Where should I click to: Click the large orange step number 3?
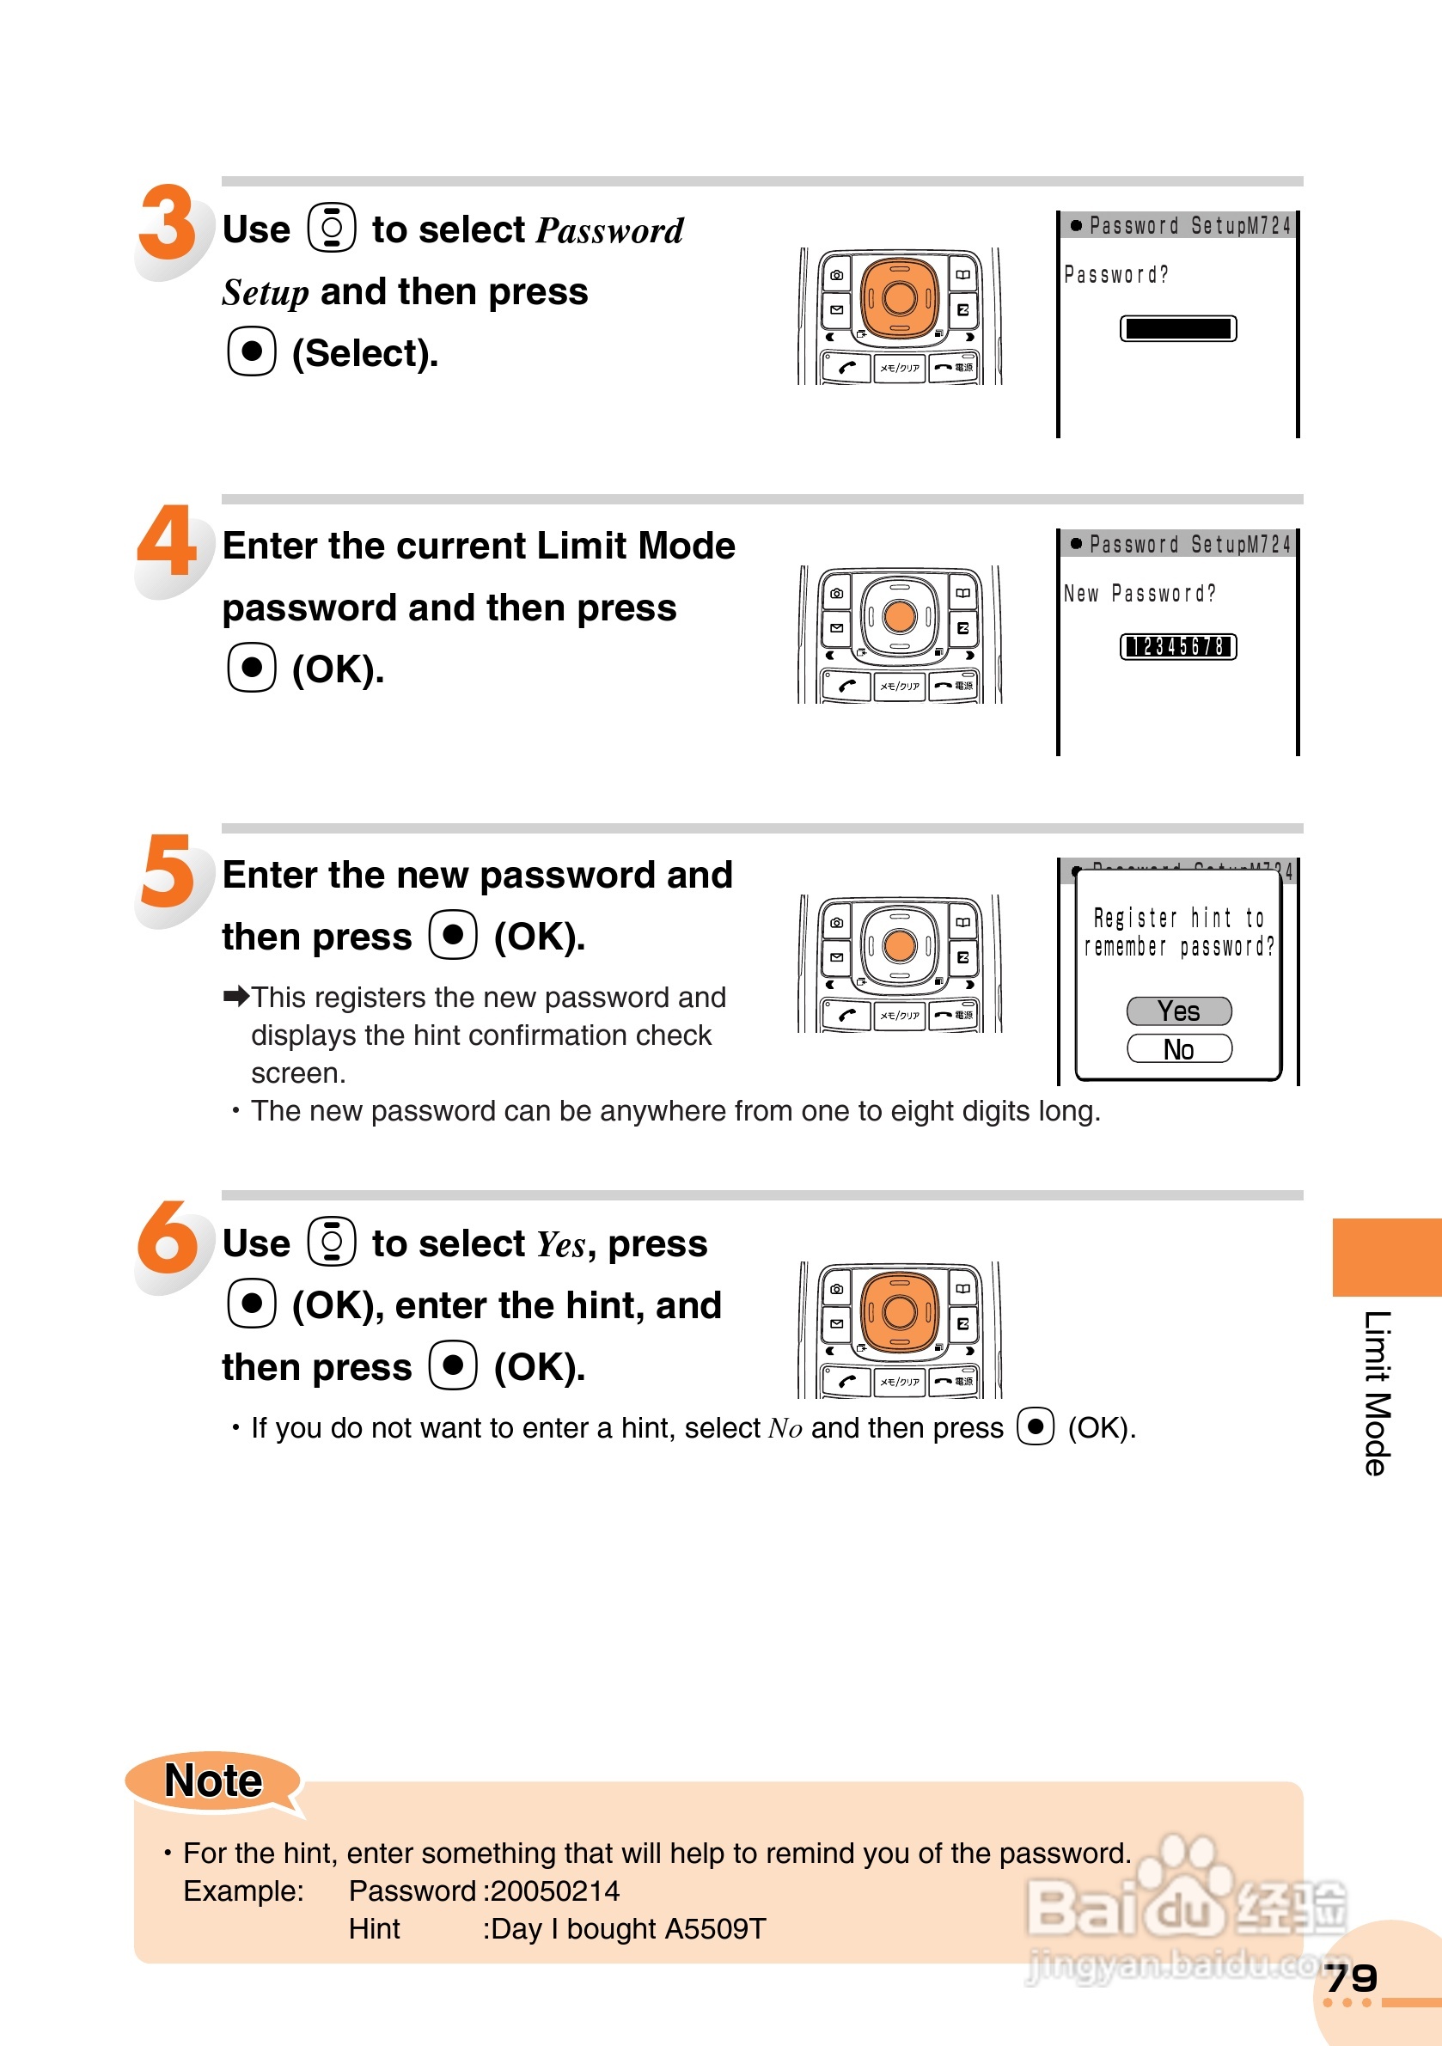[167, 223]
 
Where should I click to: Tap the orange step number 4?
[168, 540]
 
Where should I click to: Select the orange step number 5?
[168, 870]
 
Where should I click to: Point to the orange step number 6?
[168, 1237]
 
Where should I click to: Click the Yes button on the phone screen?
[1178, 1011]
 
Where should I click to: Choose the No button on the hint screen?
[1178, 1050]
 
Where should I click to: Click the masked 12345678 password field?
[1177, 647]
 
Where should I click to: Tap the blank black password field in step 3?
[1177, 329]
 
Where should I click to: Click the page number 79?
[1351, 1978]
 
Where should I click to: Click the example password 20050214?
[555, 1891]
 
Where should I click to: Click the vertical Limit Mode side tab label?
[1376, 1394]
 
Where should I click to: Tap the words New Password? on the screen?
[1140, 594]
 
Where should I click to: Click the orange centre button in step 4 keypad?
[899, 616]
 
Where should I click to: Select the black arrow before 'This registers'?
[236, 996]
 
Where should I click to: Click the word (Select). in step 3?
[364, 354]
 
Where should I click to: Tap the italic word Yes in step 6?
[560, 1244]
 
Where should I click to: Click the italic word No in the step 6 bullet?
[785, 1428]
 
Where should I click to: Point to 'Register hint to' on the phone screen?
[1178, 918]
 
